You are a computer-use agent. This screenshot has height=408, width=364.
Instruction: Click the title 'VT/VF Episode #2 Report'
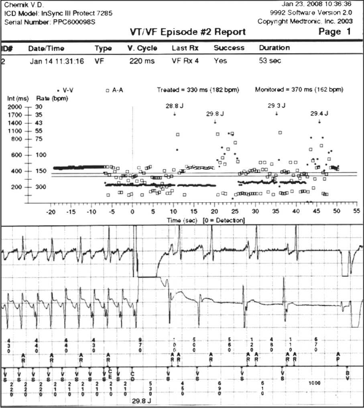pos(188,32)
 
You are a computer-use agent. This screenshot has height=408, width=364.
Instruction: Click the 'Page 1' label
pos(334,32)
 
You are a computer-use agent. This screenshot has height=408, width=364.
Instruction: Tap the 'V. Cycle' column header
pos(142,48)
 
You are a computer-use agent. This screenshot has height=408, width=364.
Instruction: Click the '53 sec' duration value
pos(270,61)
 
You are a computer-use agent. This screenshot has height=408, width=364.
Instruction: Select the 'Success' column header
pos(229,48)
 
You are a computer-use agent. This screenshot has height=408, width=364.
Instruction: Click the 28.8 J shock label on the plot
pos(174,106)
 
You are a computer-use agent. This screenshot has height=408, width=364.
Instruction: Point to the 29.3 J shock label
pos(277,106)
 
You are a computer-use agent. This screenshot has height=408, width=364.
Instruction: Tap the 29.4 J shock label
pos(319,114)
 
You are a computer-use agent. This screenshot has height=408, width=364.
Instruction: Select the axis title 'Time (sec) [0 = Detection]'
pos(206,221)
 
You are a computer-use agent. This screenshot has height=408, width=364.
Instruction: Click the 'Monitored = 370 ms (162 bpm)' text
pos(299,90)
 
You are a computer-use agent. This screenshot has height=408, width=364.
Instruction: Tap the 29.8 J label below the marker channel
pos(141,400)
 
